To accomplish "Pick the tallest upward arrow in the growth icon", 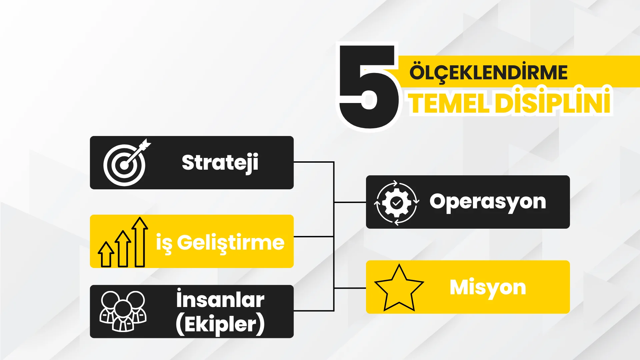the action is tap(140, 242).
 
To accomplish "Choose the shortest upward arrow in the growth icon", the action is tap(106, 254).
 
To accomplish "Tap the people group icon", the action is tap(123, 311).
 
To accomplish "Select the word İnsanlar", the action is tap(220, 299).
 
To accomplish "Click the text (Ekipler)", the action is tap(220, 324).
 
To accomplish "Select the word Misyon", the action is tap(488, 288).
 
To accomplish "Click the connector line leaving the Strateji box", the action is tap(314, 162).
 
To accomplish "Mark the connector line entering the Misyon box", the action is tap(350, 288).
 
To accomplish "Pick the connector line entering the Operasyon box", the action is tap(350, 202).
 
